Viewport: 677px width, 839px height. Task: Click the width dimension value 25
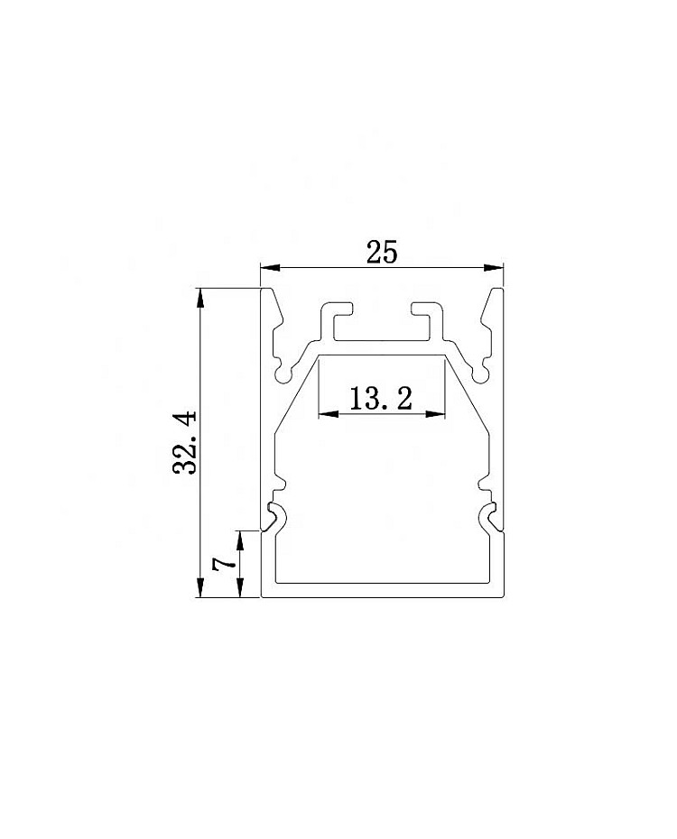pos(382,252)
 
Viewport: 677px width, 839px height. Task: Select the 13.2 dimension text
pos(381,398)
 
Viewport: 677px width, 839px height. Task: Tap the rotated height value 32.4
pos(185,442)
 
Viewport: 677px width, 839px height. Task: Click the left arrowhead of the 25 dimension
pos(270,267)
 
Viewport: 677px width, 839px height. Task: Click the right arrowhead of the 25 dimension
pos(494,267)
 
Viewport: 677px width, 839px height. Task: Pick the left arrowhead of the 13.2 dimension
pos(328,413)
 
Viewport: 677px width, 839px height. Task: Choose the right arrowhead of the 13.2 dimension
pos(435,413)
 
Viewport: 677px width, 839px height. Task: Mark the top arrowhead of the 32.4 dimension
pos(200,298)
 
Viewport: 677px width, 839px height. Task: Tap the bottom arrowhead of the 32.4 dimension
pos(200,587)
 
